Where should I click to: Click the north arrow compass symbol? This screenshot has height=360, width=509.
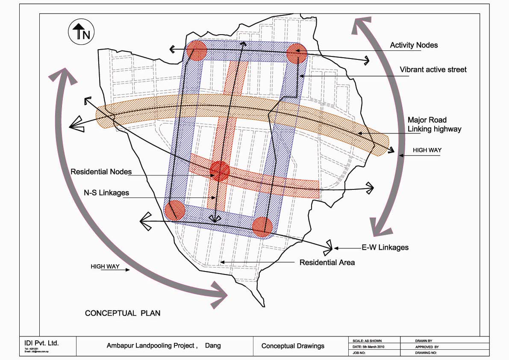click(81, 32)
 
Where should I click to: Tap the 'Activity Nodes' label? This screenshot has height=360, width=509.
click(414, 45)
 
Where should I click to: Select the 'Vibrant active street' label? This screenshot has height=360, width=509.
click(433, 69)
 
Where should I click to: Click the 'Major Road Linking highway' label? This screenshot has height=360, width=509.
click(434, 124)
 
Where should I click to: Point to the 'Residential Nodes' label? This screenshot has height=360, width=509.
click(101, 172)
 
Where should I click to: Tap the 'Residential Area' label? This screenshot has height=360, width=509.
click(327, 262)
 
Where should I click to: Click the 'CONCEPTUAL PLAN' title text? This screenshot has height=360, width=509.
click(123, 313)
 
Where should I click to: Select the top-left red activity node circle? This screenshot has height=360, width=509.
click(197, 50)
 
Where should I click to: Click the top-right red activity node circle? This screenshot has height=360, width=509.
click(297, 53)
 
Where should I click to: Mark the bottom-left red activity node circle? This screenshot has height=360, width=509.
click(174, 210)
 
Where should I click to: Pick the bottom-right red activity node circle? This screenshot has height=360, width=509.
click(262, 227)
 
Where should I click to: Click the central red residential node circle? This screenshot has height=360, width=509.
click(220, 171)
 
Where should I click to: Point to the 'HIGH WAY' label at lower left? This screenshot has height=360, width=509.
click(104, 266)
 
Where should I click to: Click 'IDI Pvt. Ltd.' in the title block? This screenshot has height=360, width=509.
click(41, 343)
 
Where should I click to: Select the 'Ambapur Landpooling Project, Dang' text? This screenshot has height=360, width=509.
click(164, 345)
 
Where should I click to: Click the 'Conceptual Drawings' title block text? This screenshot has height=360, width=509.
click(293, 346)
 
